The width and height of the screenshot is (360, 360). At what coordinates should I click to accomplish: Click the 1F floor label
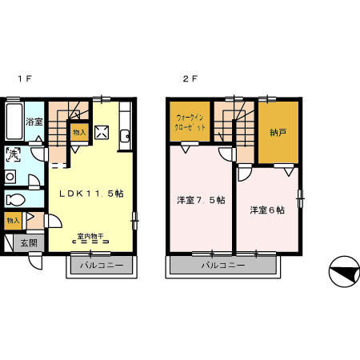click(x=24, y=79)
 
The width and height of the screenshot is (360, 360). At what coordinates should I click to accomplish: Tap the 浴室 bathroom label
click(x=34, y=122)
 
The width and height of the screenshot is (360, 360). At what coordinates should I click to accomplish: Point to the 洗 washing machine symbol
click(x=14, y=154)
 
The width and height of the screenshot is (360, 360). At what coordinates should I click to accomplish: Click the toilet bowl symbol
click(x=15, y=199)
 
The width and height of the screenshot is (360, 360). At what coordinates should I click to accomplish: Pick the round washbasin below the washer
click(x=10, y=176)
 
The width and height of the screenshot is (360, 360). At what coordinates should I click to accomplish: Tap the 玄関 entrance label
click(x=29, y=242)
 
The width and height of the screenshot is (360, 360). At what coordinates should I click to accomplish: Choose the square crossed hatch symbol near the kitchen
click(x=102, y=134)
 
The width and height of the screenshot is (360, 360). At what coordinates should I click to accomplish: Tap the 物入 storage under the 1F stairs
click(x=78, y=133)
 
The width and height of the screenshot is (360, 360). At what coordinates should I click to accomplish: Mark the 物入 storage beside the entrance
click(x=14, y=219)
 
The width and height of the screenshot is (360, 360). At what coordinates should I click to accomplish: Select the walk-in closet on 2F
click(x=190, y=123)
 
